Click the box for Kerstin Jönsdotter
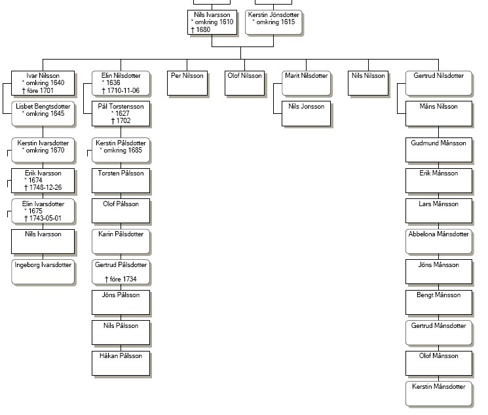coord(274,22)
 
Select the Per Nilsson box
coord(187,83)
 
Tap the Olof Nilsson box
coord(244,83)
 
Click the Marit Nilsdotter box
coord(307,83)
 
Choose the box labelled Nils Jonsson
coord(307,113)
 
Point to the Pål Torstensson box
coord(121,113)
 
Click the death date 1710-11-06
coord(123,90)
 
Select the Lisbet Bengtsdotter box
coord(43,113)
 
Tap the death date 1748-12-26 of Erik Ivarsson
coord(45,188)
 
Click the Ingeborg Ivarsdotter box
coord(43,272)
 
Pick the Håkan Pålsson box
coord(121,363)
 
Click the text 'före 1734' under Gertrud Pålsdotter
coord(123,279)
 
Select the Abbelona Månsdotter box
coord(438,242)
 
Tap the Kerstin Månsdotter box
coord(438,393)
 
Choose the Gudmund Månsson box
coord(438,150)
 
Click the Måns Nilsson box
coord(438,113)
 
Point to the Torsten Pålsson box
coord(121,181)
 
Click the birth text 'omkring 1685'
coord(122,151)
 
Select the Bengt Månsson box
coord(438,302)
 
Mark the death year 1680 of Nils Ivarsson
coord(203,29)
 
